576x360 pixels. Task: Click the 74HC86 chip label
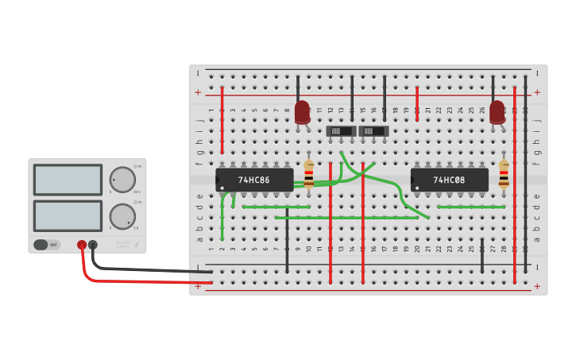click(x=254, y=180)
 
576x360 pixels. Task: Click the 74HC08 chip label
click(x=449, y=180)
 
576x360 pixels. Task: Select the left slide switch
click(x=341, y=131)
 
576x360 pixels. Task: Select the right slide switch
click(x=373, y=131)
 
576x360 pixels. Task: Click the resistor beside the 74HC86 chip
click(x=308, y=173)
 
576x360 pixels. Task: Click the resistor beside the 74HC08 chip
click(x=503, y=173)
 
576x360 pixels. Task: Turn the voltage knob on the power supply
click(x=122, y=180)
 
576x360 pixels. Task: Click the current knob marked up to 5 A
click(x=122, y=216)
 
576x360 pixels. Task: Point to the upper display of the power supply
click(x=68, y=180)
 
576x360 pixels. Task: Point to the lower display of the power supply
click(x=68, y=216)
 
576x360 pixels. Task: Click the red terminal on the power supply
click(x=82, y=246)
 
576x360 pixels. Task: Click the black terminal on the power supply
click(x=93, y=246)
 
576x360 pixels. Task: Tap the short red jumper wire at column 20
click(x=416, y=103)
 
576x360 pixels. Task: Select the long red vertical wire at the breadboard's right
click(x=514, y=183)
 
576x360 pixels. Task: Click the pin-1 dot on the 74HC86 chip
click(x=222, y=188)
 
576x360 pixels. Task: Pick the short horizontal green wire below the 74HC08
click(x=470, y=207)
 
